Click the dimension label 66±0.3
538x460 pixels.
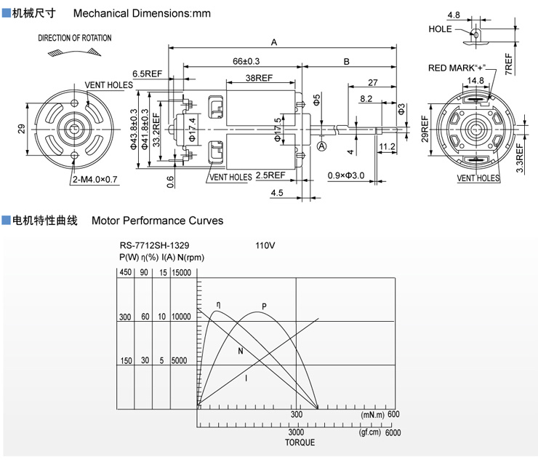click(246, 62)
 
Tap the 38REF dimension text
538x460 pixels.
click(260, 77)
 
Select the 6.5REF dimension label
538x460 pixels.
click(147, 74)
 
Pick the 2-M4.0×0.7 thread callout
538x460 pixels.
click(95, 178)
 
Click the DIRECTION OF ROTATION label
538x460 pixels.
click(75, 38)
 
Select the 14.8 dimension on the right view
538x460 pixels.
click(475, 81)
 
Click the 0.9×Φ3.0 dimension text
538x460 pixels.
click(346, 175)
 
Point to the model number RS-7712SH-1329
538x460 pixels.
click(156, 246)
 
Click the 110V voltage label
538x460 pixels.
click(265, 246)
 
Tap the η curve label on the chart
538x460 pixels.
click(218, 304)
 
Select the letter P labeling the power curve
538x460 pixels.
click(264, 306)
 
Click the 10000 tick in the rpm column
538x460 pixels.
click(180, 317)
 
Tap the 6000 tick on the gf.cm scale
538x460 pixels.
click(393, 432)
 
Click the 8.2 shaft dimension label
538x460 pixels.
click(366, 98)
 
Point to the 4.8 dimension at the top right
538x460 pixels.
click(454, 15)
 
